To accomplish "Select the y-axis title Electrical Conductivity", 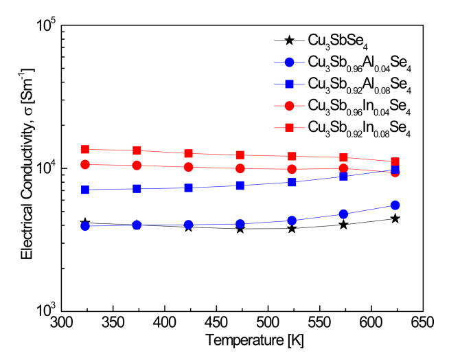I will [26, 168].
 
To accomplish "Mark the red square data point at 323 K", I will [85, 149].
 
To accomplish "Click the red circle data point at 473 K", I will [240, 168].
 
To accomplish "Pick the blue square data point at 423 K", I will [189, 188].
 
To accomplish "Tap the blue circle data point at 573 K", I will [343, 214].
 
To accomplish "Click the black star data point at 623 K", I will [395, 218].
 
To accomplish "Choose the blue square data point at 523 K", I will [292, 182].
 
